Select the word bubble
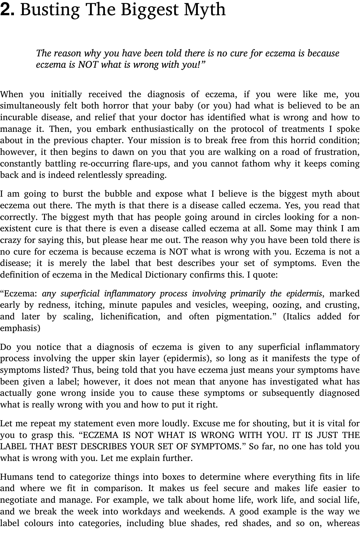(118, 194)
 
